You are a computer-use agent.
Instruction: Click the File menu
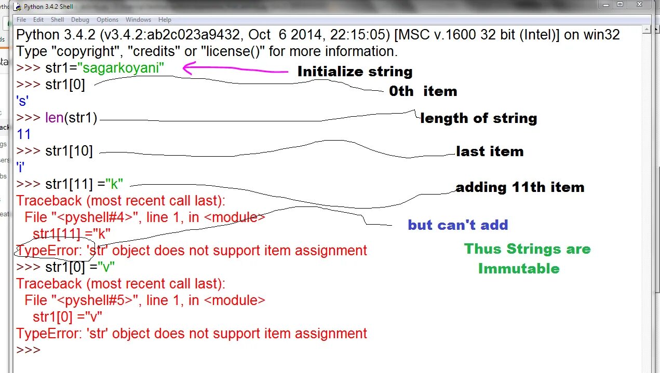point(21,20)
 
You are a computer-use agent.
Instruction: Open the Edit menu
point(38,20)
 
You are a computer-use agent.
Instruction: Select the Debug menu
point(80,20)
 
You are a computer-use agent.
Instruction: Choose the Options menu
point(107,20)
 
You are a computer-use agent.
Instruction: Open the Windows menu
point(138,20)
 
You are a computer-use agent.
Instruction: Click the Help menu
point(165,20)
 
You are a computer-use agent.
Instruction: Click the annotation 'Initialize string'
point(355,72)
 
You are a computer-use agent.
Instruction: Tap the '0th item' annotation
point(423,91)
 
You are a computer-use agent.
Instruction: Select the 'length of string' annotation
point(478,118)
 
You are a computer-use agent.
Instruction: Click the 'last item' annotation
point(490,151)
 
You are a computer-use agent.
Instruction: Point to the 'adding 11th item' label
point(520,187)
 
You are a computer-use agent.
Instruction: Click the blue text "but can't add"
point(457,225)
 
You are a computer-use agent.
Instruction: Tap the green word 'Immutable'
point(519,269)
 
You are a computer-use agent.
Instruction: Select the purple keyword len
point(55,118)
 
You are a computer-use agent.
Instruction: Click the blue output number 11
point(24,134)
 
